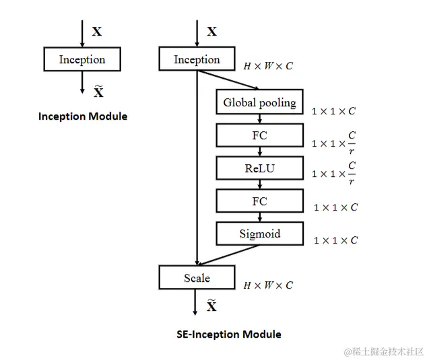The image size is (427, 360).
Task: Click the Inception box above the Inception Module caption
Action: point(82,59)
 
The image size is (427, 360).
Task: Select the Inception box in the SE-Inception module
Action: point(197,59)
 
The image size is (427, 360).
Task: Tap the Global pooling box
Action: point(259,103)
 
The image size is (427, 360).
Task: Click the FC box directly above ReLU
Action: point(259,135)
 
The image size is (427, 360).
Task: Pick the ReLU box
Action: point(259,168)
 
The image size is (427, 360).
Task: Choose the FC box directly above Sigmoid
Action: point(259,201)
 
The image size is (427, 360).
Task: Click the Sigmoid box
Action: point(259,234)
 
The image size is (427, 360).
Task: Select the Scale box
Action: point(197,278)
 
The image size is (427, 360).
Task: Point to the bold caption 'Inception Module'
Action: point(83,116)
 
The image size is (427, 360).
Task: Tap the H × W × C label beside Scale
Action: point(268,285)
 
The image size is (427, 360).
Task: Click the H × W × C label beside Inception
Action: point(268,67)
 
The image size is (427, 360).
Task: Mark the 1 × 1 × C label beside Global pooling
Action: point(334,110)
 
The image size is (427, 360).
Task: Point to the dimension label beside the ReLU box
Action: point(335,173)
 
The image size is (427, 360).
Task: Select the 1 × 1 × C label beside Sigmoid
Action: point(335,240)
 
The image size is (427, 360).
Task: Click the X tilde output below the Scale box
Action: point(211,306)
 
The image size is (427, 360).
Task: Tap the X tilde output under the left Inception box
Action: point(98,92)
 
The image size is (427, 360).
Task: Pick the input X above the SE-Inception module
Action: point(211,32)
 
